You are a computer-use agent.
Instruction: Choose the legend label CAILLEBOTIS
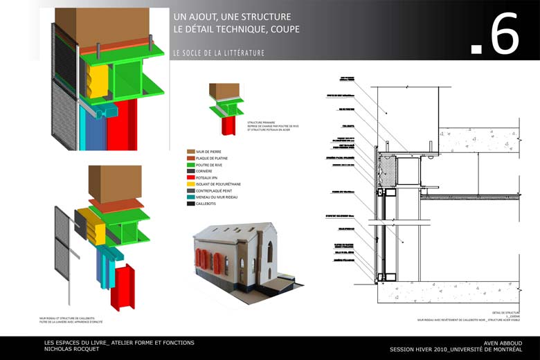click(210, 204)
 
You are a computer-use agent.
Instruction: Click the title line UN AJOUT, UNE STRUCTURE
click(232, 16)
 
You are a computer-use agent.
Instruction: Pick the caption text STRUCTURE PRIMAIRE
click(262, 121)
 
